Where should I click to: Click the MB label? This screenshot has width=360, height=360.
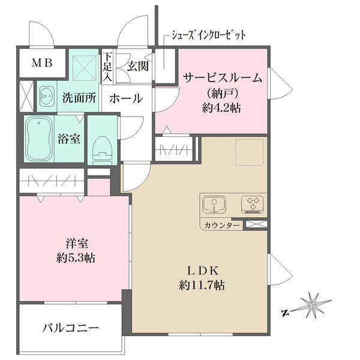pos(41,62)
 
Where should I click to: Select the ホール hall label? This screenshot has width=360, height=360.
pos(126,98)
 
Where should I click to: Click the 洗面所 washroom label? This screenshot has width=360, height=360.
pos(79,98)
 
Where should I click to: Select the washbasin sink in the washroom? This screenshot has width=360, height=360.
pos(46,96)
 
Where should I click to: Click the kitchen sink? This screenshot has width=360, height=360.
pos(213,205)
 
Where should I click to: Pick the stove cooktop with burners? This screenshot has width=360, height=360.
pos(252,204)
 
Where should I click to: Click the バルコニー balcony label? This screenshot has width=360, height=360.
pos(70,328)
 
